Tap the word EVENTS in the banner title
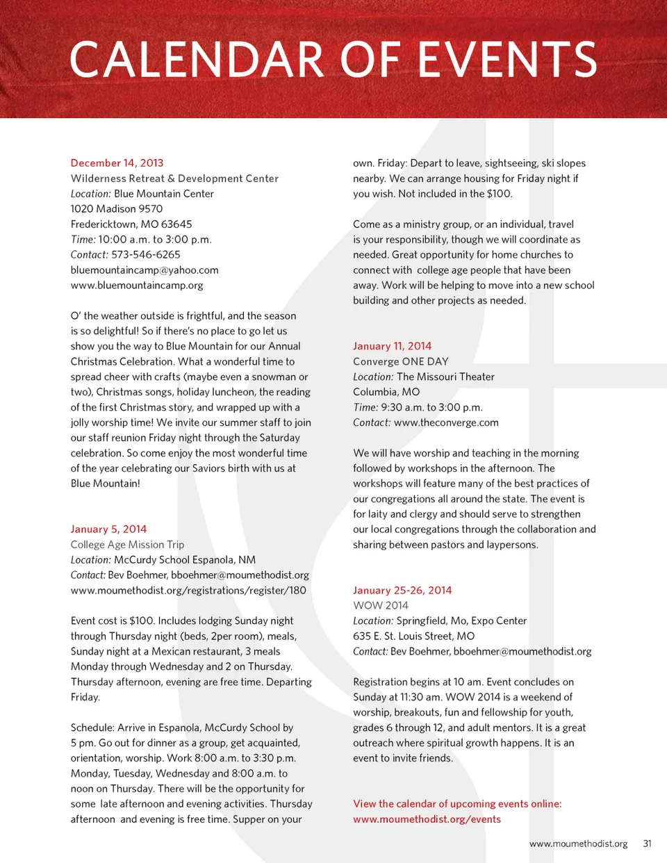click(507, 60)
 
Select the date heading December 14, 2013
click(117, 163)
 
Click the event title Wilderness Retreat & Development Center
click(174, 179)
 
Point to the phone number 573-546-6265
click(146, 254)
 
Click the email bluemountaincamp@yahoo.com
click(145, 270)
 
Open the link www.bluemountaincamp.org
click(137, 285)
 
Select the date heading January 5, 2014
click(108, 529)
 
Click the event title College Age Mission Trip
click(127, 545)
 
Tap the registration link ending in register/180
click(188, 590)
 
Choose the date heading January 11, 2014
click(392, 346)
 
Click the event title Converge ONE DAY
click(400, 361)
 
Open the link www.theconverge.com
click(446, 422)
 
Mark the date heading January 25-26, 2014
click(402, 590)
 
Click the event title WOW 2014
click(381, 605)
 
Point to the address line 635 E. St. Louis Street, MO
click(413, 636)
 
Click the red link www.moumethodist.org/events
click(427, 819)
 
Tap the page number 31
click(647, 844)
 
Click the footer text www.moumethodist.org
click(578, 844)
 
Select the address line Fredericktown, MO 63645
click(131, 224)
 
